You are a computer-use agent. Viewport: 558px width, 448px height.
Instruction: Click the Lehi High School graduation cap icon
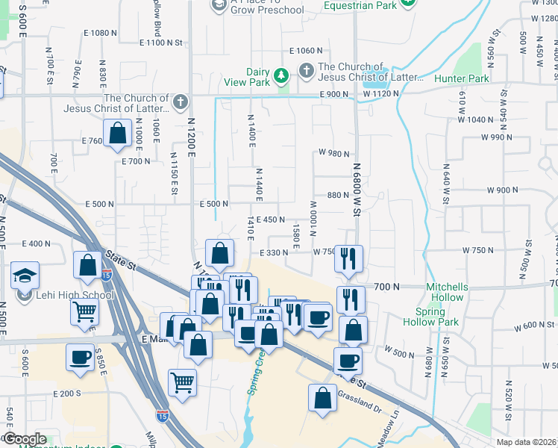tap(25, 276)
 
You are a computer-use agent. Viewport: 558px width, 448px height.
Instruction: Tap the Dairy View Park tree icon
tap(280, 75)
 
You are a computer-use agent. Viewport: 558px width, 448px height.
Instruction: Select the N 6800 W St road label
tap(356, 190)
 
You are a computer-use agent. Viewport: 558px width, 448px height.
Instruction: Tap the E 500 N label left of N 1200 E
tap(98, 204)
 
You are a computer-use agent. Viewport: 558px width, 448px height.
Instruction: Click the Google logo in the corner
tap(25, 439)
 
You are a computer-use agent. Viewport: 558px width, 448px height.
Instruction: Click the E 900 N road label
tap(337, 94)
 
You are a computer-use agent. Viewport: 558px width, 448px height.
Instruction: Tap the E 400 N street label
tap(36, 244)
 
